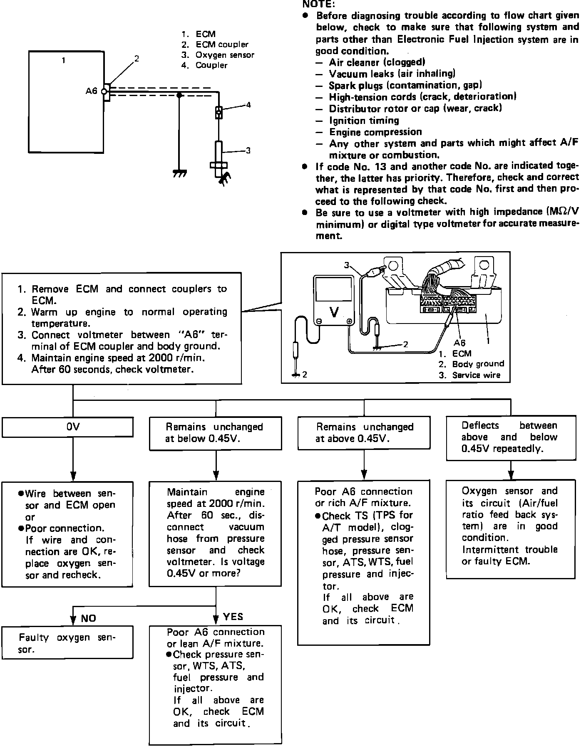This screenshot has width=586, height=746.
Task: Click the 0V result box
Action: click(67, 427)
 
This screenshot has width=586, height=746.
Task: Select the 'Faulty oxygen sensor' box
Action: click(67, 642)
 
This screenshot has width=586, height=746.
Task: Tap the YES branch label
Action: click(233, 617)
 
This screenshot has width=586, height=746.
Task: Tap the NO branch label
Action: click(88, 618)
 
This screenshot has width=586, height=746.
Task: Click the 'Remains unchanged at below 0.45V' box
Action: click(216, 433)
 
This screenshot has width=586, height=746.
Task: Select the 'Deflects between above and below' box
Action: click(511, 438)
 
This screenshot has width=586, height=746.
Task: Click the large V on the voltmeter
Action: click(334, 312)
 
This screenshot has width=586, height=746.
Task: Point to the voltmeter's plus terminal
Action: click(349, 321)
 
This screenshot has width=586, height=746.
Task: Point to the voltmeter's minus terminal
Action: click(319, 321)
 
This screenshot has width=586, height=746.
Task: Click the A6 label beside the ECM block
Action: click(92, 91)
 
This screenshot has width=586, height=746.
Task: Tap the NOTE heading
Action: click(318, 4)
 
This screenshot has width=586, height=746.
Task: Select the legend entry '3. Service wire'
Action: click(469, 375)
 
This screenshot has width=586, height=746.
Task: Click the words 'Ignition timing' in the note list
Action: click(364, 121)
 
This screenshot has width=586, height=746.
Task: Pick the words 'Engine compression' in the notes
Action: click(376, 132)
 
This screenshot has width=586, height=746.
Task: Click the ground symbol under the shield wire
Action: click(179, 173)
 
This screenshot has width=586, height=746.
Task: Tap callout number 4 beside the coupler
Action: click(248, 105)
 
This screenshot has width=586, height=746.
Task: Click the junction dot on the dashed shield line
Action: click(179, 95)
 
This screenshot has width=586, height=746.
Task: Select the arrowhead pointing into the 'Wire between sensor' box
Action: click(73, 476)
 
